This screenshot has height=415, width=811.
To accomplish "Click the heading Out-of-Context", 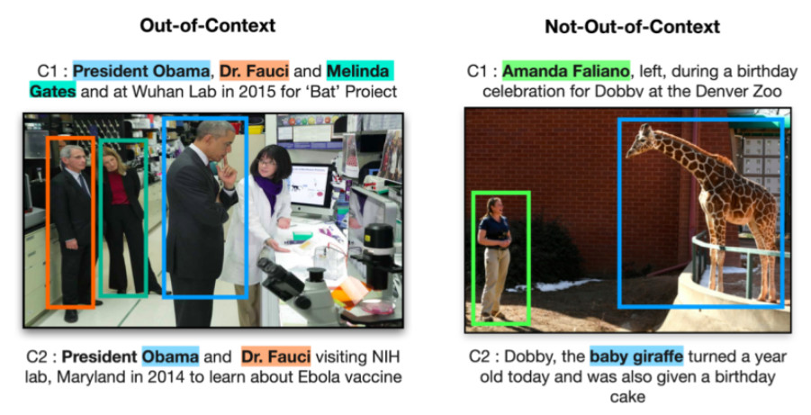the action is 207,25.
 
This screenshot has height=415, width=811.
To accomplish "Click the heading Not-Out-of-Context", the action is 632,26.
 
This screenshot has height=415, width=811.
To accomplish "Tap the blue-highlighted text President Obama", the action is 141,70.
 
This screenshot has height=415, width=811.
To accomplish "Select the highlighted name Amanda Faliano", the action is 566,71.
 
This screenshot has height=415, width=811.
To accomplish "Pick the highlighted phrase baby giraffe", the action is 636,356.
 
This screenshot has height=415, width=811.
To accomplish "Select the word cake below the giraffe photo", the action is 627,397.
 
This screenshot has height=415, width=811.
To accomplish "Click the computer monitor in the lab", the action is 311,187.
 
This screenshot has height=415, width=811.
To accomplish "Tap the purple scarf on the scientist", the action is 268,193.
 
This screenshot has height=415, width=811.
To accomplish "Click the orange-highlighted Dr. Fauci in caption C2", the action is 276,356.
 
